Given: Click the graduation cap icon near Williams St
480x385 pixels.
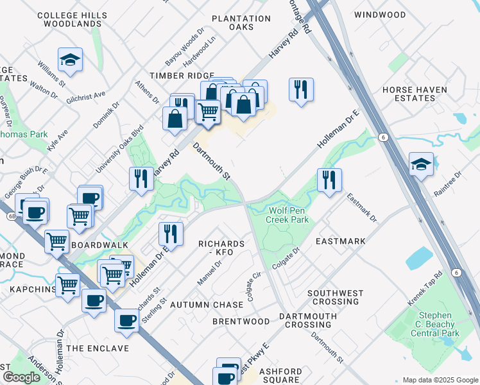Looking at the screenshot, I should [70, 60].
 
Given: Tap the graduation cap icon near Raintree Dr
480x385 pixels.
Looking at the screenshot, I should [421, 164].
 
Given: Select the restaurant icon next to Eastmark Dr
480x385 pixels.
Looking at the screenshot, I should [329, 180].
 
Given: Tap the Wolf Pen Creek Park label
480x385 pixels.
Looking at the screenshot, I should [289, 215].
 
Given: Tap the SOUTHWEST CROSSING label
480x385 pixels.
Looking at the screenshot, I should [335, 297].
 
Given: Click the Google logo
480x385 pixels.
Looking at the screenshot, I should [21, 377].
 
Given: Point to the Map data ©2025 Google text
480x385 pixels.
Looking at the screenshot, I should [440, 380].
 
